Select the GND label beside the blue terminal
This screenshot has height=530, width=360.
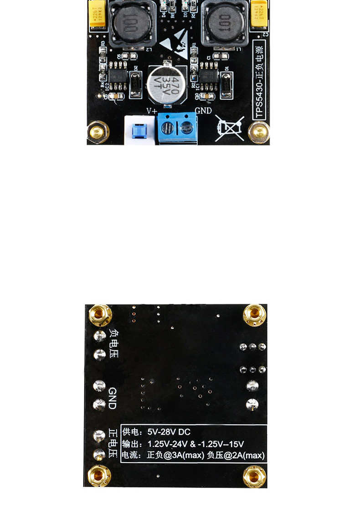pos(203,111)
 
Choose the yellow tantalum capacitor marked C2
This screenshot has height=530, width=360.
pos(259,15)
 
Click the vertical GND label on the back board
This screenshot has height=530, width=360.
pos(113,398)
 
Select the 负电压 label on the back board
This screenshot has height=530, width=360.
pos(113,343)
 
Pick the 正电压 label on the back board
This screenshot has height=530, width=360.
pos(113,443)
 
